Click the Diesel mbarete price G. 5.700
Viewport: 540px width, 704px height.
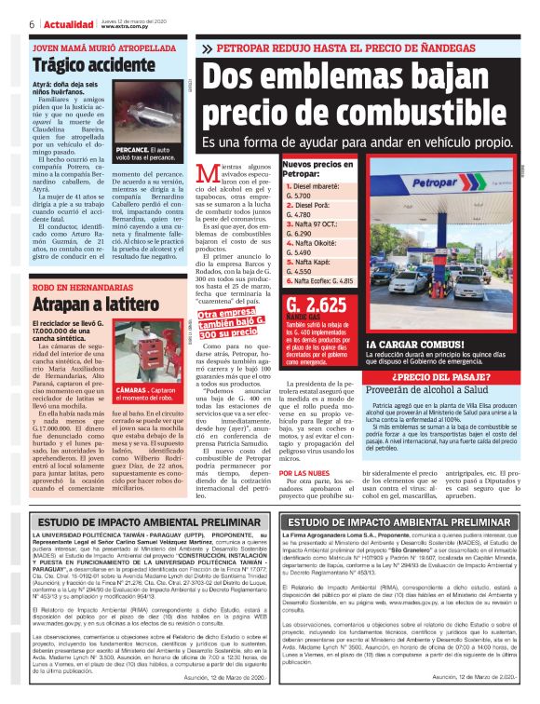pos(300,196)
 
